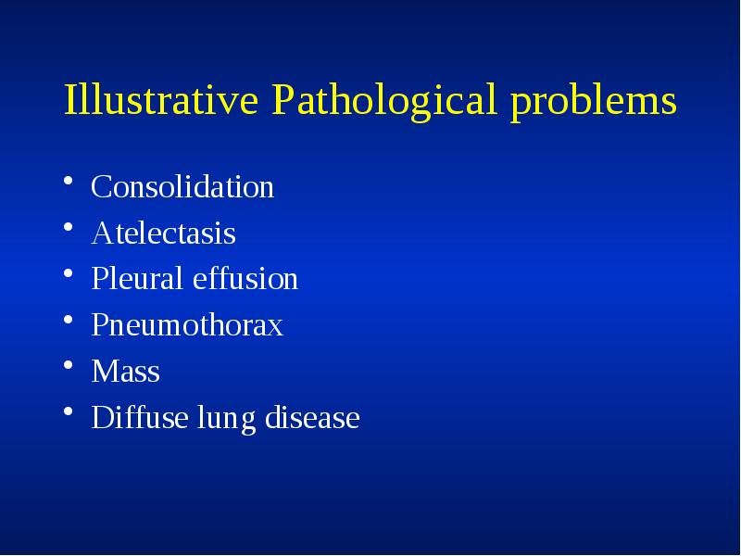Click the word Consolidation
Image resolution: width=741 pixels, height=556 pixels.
point(182,187)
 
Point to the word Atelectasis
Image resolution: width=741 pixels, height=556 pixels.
point(164,234)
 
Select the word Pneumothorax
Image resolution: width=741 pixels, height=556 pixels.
point(187,326)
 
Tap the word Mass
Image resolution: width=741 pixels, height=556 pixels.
point(126,373)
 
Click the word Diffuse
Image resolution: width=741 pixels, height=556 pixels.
point(138,419)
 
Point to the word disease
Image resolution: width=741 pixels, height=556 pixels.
point(312,419)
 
